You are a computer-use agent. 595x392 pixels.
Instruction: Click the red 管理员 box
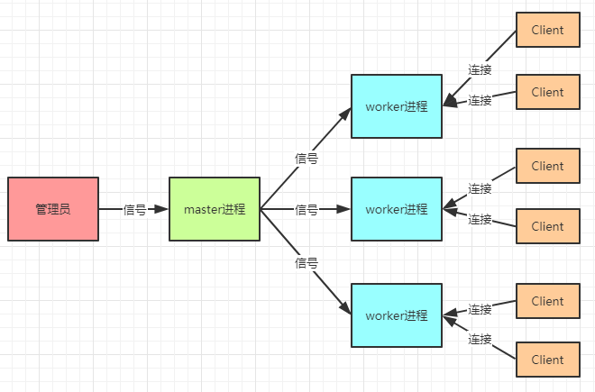pos(53,209)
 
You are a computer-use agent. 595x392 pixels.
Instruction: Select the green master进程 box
pos(215,209)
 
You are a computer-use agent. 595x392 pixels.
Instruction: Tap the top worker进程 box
pos(397,106)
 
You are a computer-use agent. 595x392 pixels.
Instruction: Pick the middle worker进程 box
pos(397,209)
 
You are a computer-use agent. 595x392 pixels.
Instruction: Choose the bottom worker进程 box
pos(397,315)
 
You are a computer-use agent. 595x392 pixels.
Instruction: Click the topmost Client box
pos(547,30)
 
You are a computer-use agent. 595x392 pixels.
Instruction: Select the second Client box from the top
pos(547,92)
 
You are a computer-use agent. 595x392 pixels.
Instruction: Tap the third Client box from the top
pos(547,166)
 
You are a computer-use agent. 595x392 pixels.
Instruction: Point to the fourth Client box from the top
pos(547,226)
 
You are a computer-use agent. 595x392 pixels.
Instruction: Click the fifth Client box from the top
pos(547,301)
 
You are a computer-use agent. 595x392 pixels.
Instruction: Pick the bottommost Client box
pos(547,360)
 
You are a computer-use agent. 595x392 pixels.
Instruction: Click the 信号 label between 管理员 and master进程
pos(134,209)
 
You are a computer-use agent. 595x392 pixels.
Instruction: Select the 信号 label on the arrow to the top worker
pos(307,158)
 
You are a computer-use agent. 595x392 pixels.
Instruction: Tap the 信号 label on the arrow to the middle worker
pos(307,209)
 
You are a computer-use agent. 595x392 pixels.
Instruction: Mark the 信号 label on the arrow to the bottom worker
pos(307,263)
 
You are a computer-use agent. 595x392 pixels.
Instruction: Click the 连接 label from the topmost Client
pos(480,68)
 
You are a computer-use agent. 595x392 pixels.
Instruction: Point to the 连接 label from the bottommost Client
pos(480,340)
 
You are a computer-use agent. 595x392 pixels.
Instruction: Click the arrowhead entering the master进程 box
pos(162,209)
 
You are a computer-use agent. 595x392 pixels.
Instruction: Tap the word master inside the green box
pos(203,209)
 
